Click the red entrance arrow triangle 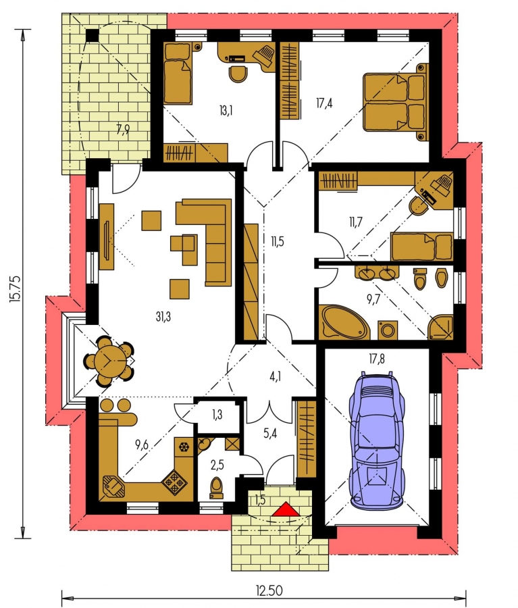[286, 509]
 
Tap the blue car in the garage [376, 439]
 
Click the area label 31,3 [163, 317]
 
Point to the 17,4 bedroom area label [324, 103]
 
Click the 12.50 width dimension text [269, 590]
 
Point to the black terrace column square [92, 35]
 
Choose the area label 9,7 [373, 299]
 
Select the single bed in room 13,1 [178, 73]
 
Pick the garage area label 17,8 [377, 359]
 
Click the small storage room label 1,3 [217, 415]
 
